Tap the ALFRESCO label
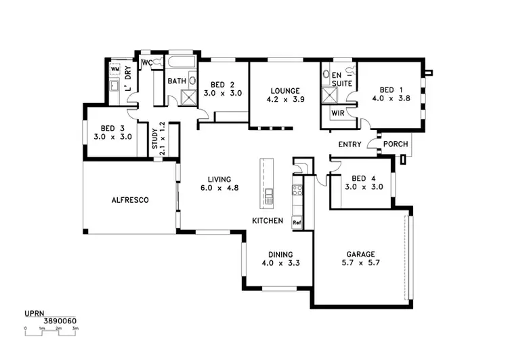coord(130,200)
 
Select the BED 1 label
coord(387,89)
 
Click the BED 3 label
coord(112,128)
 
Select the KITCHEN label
coord(267,221)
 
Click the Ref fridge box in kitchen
coord(297,222)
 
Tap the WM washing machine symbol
coord(114,69)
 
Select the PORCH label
coord(395,144)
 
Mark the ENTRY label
coord(350,144)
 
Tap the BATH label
coord(177,81)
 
